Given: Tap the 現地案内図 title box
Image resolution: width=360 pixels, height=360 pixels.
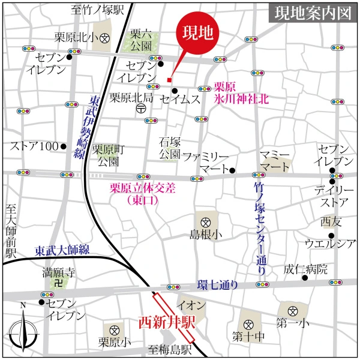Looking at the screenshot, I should click(x=312, y=14).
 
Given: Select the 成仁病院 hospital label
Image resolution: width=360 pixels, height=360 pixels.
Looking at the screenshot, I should click(x=305, y=268).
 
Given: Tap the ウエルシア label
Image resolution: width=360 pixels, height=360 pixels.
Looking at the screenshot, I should click(x=331, y=244).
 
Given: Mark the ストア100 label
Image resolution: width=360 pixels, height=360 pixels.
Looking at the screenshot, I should click(x=33, y=146).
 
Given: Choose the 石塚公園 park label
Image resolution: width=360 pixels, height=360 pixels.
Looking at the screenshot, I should click(x=170, y=148).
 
